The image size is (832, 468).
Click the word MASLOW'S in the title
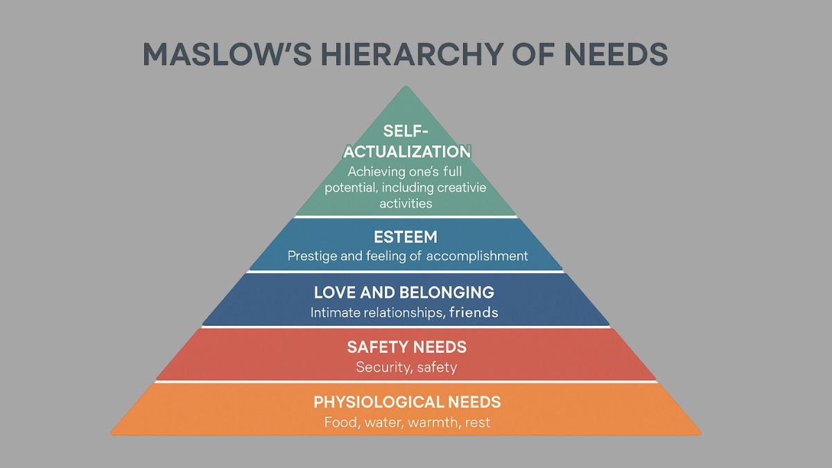[227, 54]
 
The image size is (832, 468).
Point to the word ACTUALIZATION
[407, 152]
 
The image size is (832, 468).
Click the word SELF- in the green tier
[406, 131]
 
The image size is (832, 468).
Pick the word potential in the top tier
[351, 188]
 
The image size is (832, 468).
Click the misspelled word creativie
[461, 187]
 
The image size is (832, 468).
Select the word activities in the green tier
[406, 204]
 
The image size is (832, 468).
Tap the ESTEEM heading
[406, 237]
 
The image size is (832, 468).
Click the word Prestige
[312, 257]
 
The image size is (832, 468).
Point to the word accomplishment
[477, 257]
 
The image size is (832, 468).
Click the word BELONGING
[447, 293]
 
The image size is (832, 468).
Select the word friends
[474, 313]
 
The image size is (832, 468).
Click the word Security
[383, 367]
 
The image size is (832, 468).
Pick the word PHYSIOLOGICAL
[379, 402]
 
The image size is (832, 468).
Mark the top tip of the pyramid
[406, 86]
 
